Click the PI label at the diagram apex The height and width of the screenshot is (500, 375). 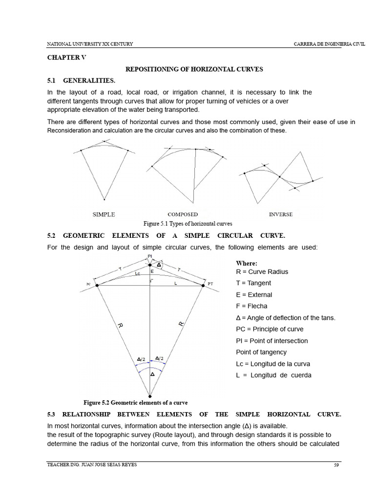coord(149,256)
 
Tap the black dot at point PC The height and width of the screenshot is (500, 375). coord(97,285)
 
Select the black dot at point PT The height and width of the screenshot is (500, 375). coord(203,285)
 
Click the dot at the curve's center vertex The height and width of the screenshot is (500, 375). coord(150,396)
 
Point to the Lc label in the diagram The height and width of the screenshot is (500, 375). coord(138,274)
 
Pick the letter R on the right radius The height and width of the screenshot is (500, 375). coord(181,324)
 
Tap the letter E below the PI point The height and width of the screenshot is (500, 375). coord(152,271)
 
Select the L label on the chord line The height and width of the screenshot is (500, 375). coord(175,283)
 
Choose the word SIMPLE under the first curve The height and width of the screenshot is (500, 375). coord(104,214)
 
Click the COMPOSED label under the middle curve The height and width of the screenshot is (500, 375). coord(183,214)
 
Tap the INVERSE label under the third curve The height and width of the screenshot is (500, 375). coord(281,214)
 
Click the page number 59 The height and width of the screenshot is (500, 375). coord(336,465)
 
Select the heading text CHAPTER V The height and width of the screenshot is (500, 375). coord(66,58)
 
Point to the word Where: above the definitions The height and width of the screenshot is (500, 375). coord(247,263)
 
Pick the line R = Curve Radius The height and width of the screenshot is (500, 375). coord(262,271)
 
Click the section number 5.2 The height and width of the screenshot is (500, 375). coord(52,235)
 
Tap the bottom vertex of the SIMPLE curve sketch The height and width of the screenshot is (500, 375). coord(104,199)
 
